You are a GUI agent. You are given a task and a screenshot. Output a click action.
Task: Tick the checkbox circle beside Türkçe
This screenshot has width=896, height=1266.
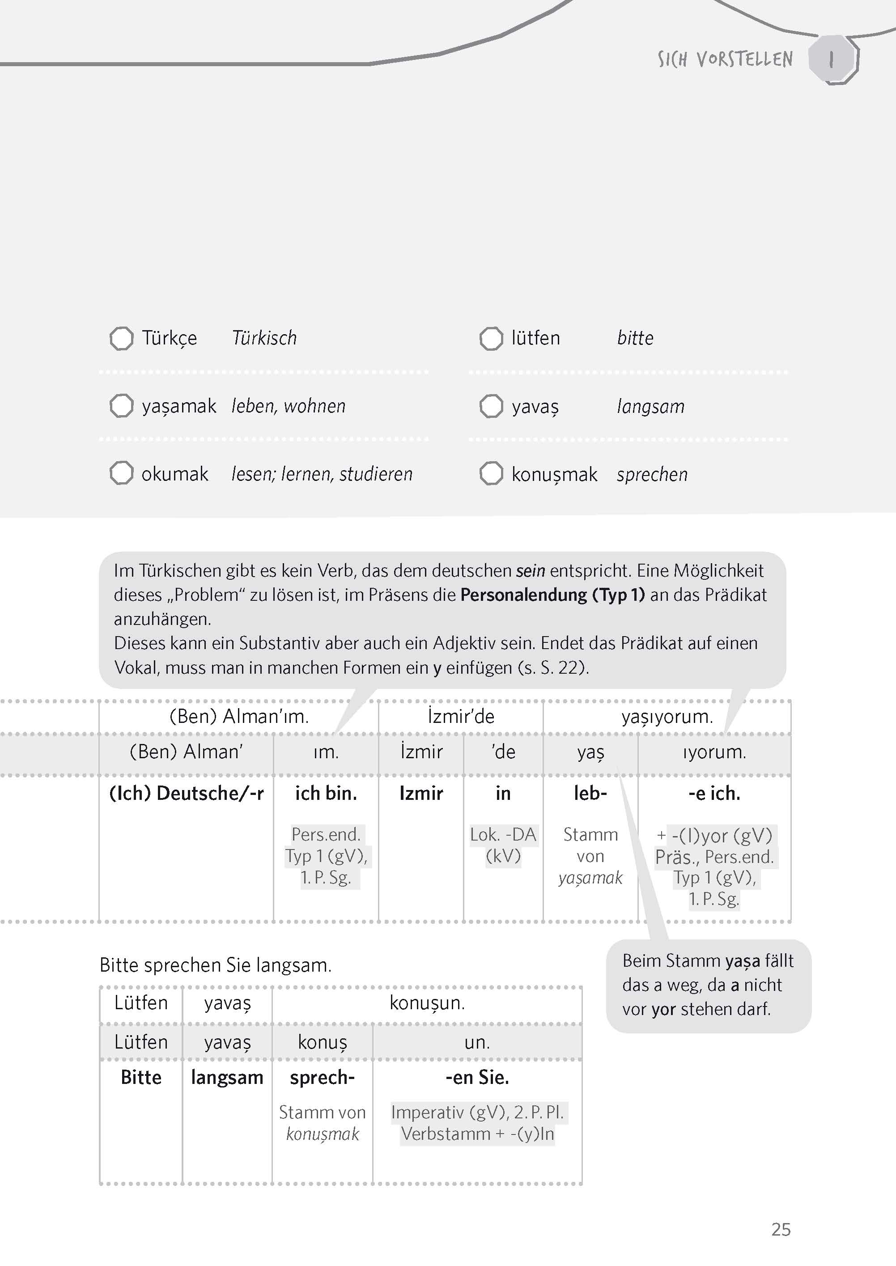[x=121, y=338]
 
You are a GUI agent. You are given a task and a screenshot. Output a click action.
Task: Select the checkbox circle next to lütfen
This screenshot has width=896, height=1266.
[x=491, y=338]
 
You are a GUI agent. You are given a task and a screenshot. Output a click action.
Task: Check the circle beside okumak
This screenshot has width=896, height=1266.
[x=121, y=473]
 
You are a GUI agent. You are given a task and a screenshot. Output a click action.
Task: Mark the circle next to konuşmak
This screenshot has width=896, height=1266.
[x=491, y=473]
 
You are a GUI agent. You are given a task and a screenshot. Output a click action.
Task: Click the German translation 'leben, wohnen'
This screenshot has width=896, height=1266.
[x=288, y=407]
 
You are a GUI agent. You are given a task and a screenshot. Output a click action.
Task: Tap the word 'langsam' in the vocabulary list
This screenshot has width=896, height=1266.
[x=650, y=407]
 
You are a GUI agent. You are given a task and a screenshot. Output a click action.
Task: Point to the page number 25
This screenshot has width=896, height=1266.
[x=781, y=1230]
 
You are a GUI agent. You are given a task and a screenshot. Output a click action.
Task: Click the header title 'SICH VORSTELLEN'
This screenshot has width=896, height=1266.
[x=725, y=59]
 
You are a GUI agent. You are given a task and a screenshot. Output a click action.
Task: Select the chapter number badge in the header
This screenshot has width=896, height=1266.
[x=832, y=59]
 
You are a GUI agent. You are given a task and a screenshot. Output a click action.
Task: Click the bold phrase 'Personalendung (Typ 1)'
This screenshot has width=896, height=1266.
[x=552, y=595]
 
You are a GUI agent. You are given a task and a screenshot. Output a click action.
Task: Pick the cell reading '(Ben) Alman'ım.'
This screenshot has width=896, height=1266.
[x=239, y=717]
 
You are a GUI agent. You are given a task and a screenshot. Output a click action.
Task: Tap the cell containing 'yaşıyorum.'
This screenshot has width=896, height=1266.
[x=667, y=717]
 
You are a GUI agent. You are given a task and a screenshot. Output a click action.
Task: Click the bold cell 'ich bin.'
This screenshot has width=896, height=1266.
[x=326, y=793]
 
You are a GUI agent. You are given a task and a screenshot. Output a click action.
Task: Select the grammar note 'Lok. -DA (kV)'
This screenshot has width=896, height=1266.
[x=503, y=845]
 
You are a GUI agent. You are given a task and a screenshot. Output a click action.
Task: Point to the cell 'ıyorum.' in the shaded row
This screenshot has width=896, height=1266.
[x=714, y=752]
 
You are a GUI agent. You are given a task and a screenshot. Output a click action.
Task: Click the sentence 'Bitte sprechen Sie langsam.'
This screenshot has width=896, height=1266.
[x=216, y=965]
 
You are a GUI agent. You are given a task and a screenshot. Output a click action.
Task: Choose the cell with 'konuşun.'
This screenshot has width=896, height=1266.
[x=427, y=1003]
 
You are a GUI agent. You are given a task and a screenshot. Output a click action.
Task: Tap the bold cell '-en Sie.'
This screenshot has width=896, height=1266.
[x=477, y=1077]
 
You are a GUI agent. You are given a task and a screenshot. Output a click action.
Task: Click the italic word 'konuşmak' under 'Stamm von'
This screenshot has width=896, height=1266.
[x=322, y=1134]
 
